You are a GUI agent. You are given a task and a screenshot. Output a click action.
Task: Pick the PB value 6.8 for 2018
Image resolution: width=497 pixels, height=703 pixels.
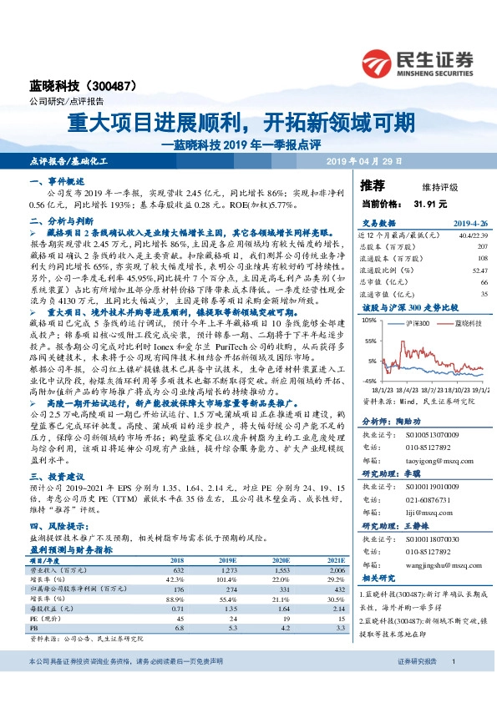[176, 629]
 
